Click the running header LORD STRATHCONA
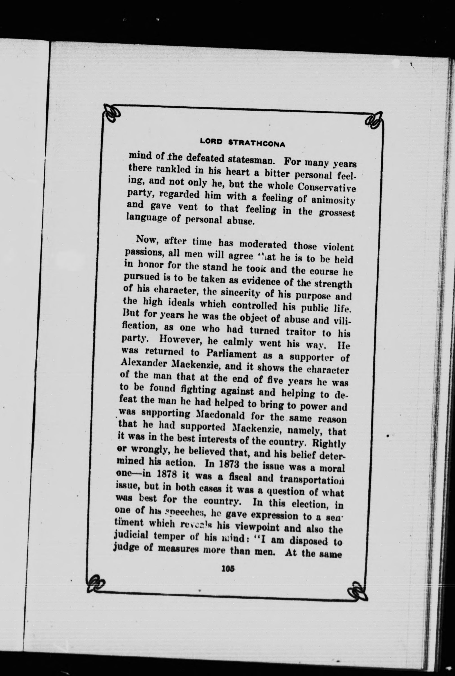click(x=242, y=142)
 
